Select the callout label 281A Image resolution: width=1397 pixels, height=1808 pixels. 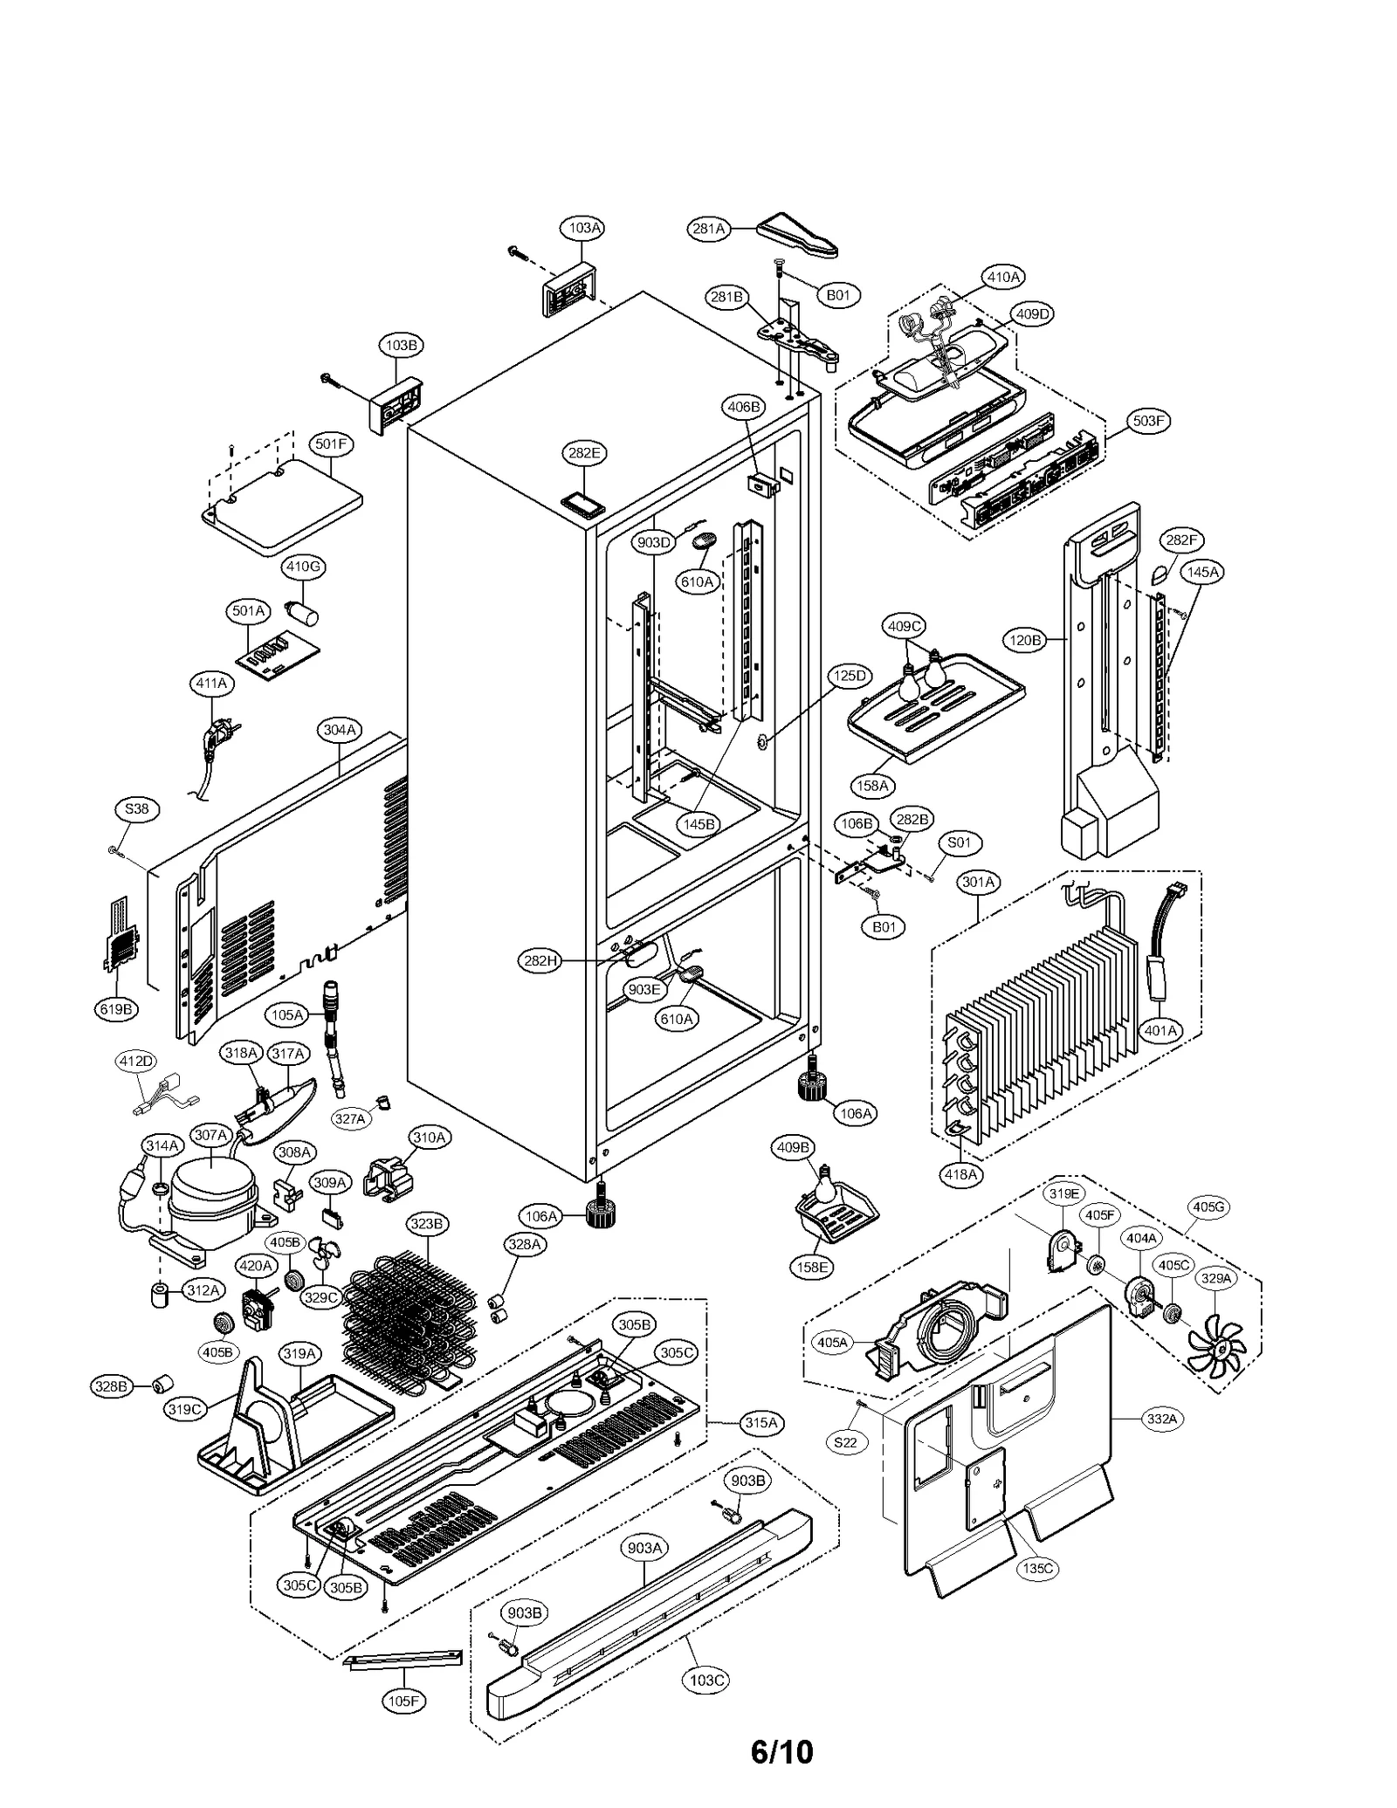[708, 229]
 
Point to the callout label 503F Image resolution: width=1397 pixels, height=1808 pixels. [1148, 421]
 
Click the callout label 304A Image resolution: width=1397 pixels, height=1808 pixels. [340, 730]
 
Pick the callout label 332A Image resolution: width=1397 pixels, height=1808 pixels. [1162, 1420]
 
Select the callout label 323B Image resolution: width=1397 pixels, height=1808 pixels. [427, 1224]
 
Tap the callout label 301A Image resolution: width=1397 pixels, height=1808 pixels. [978, 882]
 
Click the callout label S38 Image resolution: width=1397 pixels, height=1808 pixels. [137, 809]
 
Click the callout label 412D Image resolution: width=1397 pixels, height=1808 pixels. [136, 1062]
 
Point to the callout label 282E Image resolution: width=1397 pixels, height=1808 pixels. [584, 453]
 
